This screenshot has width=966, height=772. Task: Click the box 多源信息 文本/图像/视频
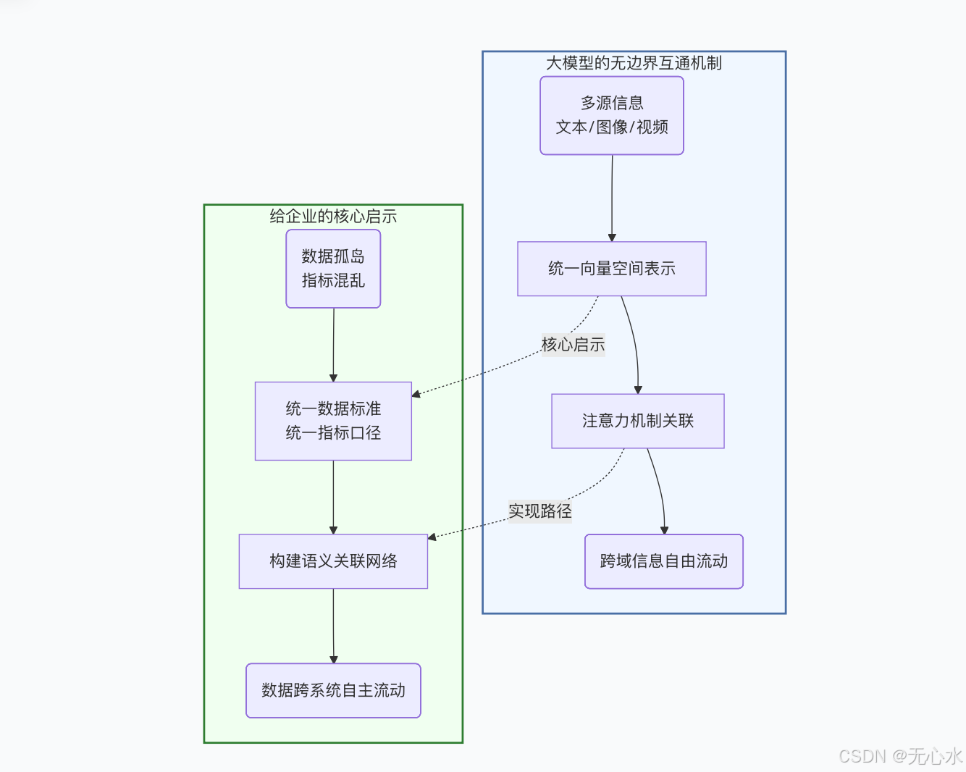611,116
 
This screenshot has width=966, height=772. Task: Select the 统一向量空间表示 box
611,269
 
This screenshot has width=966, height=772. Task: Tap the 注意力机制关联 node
637,421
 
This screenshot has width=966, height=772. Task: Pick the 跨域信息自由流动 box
663,561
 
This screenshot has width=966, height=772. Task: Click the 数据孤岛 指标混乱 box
333,269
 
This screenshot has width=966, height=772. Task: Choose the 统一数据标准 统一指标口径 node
333,421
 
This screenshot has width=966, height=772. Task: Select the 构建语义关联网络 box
333,561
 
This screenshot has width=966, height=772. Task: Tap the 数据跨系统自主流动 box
333,690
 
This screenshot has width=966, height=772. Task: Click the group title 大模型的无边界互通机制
634,63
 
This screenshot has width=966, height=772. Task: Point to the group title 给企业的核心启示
333,216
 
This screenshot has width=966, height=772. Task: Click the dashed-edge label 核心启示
573,345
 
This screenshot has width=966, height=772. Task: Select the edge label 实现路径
540,511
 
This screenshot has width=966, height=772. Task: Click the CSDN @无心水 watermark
900,756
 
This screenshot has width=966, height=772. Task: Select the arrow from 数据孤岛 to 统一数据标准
333,345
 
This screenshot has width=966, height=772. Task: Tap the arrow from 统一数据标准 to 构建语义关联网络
333,497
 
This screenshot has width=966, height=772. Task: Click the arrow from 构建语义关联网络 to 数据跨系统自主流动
333,626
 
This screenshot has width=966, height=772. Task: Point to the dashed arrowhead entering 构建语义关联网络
432,537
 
